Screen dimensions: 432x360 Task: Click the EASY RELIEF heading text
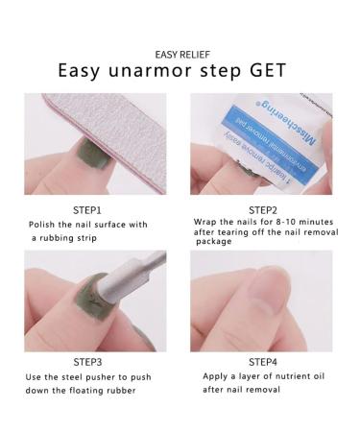point(180,53)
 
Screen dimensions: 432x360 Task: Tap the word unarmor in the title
point(151,72)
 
